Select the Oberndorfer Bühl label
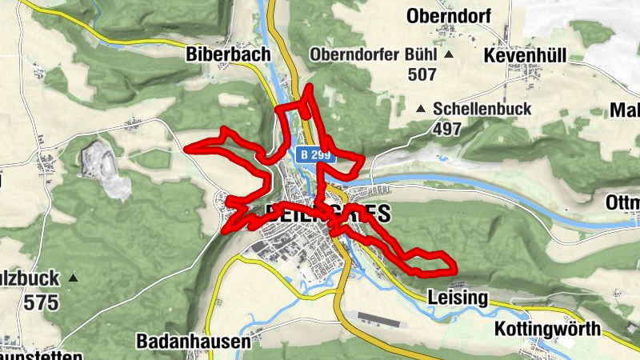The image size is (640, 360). [x=374, y=54]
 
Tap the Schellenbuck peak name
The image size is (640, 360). [x=482, y=109]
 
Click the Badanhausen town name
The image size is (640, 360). [x=194, y=341]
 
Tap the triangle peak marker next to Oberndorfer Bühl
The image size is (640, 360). [x=449, y=54]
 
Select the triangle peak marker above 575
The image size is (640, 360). [x=73, y=278]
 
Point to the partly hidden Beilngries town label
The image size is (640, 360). [x=326, y=214]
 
